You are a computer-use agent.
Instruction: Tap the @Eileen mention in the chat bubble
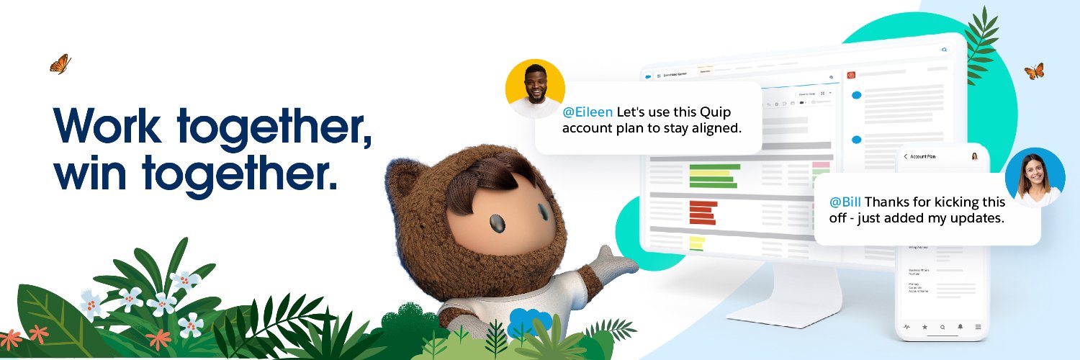coord(588,112)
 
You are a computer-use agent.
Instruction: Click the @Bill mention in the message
coord(845,202)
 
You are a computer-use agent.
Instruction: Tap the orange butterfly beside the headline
coord(60,63)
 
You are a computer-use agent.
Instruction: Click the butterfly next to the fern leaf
coord(1034,71)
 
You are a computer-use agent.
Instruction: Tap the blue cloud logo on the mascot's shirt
coord(528,321)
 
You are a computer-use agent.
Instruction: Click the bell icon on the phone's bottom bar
coord(960,327)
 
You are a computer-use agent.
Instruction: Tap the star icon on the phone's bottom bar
coord(924,327)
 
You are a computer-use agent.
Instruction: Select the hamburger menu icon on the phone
coord(978,327)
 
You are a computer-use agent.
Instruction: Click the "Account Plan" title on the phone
coord(923,156)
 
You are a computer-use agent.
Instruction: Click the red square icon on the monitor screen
coord(850,74)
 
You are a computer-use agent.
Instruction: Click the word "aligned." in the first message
coord(714,128)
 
